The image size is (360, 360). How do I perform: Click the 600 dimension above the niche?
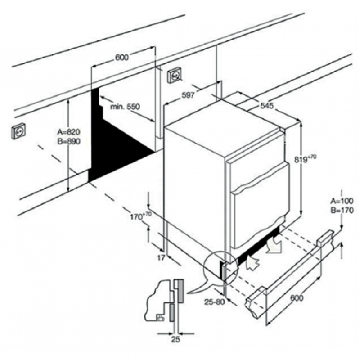pos(122,57)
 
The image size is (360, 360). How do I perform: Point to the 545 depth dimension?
pos(267,106)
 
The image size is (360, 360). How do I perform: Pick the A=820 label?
pos(68,132)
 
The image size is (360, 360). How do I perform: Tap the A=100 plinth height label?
pos(342,201)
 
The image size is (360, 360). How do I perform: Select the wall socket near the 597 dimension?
pos(175,75)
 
